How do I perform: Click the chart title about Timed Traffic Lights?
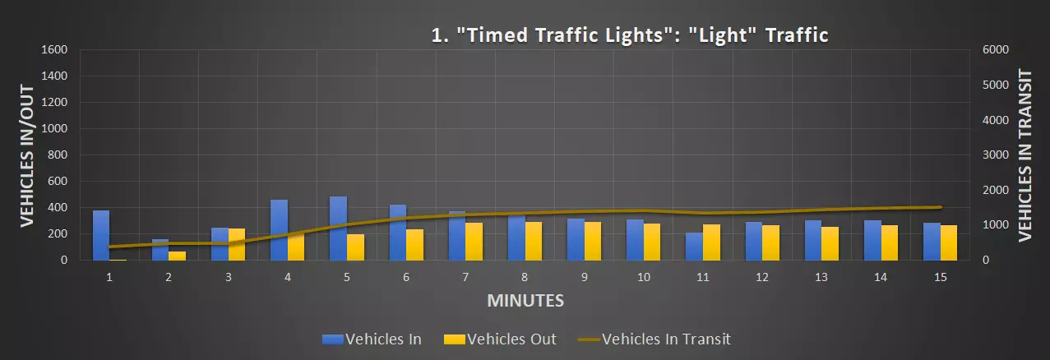[x=629, y=35]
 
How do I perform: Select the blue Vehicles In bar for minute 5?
[x=338, y=228]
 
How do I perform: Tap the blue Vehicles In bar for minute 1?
[x=101, y=235]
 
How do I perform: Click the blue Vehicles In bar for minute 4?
[x=279, y=230]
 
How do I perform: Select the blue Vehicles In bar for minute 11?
[x=695, y=247]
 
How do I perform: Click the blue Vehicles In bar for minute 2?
[x=160, y=250]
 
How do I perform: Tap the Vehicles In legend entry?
[x=372, y=339]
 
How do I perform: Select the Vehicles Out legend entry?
[x=500, y=339]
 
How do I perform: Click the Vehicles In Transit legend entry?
[x=654, y=339]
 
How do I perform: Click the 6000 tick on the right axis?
[x=995, y=49]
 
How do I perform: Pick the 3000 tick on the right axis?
[x=995, y=155]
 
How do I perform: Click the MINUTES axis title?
[x=525, y=301]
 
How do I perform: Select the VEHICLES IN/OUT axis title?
[x=26, y=155]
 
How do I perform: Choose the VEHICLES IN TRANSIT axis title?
[x=1025, y=155]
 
